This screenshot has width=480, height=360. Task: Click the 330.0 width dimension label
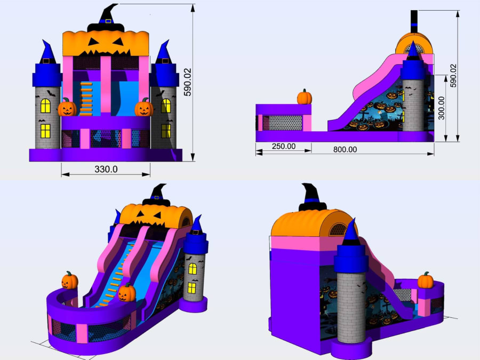click(x=106, y=169)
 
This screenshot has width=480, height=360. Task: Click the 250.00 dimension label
click(x=284, y=146)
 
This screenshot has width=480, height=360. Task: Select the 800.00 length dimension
click(x=345, y=150)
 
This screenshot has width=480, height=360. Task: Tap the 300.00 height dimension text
click(x=441, y=108)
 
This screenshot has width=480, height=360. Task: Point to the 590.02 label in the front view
click(x=188, y=82)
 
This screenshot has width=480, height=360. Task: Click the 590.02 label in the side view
click(x=453, y=76)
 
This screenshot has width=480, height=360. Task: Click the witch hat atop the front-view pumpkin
click(x=106, y=18)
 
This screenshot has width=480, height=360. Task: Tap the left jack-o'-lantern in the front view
click(x=67, y=108)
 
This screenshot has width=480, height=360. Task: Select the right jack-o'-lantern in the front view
click(x=144, y=108)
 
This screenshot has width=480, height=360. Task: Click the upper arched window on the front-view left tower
click(x=45, y=106)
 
